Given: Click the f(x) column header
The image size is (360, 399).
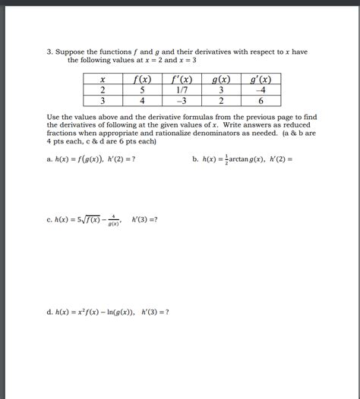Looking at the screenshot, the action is pyautogui.click(x=142, y=79).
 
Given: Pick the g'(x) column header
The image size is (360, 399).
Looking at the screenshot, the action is pyautogui.click(x=261, y=79).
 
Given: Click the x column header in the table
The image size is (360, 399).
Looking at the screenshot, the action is pyautogui.click(x=102, y=79).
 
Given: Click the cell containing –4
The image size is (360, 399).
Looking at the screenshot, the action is pyautogui.click(x=261, y=90).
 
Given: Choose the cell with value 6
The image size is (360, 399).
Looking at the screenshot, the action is pyautogui.click(x=261, y=100).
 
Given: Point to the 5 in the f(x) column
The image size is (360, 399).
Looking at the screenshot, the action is pyautogui.click(x=142, y=90).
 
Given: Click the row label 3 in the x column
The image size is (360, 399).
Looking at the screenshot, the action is pyautogui.click(x=102, y=100).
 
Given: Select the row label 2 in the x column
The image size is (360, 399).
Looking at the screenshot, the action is pyautogui.click(x=102, y=90).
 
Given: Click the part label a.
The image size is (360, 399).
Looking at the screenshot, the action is pyautogui.click(x=49, y=160).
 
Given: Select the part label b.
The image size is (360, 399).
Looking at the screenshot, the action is pyautogui.click(x=195, y=160).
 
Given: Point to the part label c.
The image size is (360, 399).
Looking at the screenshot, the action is pyautogui.click(x=49, y=221).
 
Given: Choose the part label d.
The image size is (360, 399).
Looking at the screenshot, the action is pyautogui.click(x=49, y=311).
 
